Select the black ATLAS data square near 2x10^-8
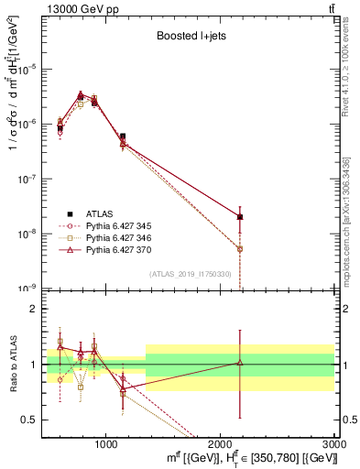[x=240, y=217]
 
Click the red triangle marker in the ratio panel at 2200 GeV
[x=240, y=363]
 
